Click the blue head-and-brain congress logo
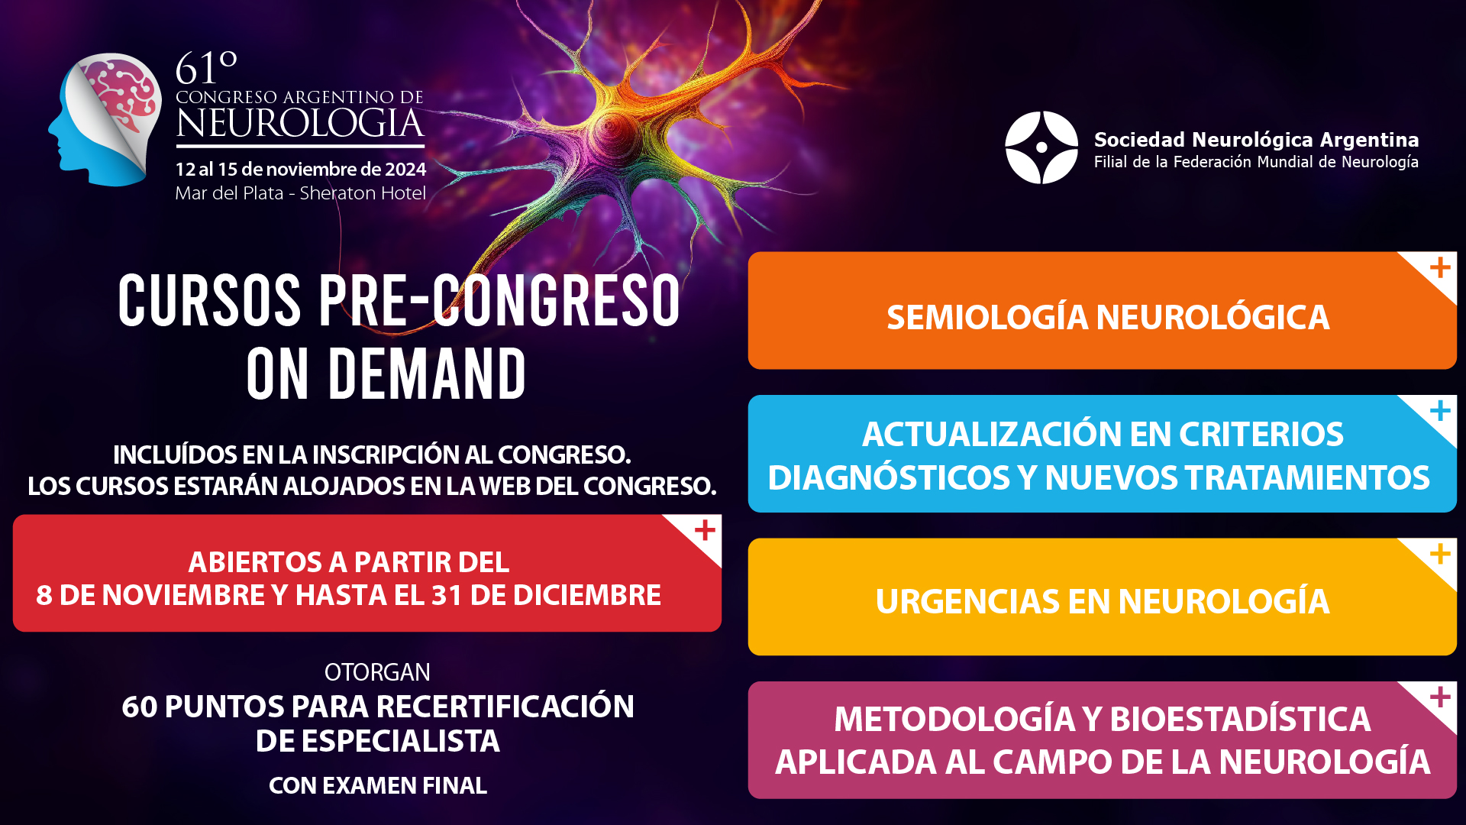coord(105,119)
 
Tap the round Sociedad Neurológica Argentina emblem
coord(1041,147)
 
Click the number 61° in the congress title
coord(206,68)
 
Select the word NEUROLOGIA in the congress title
coord(300,124)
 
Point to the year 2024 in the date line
coord(405,169)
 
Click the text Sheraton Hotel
coord(363,193)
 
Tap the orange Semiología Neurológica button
coord(1102,311)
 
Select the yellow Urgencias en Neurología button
coord(1102,597)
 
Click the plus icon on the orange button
coord(1440,268)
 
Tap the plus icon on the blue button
coord(1440,411)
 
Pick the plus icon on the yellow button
coord(1440,554)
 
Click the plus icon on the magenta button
coord(1440,697)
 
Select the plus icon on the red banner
coord(705,530)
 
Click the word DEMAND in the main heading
coord(428,374)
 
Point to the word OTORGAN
coord(377,672)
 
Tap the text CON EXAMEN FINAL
coord(378,785)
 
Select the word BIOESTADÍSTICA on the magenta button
coord(1240,719)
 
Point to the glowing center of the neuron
coord(611,130)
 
